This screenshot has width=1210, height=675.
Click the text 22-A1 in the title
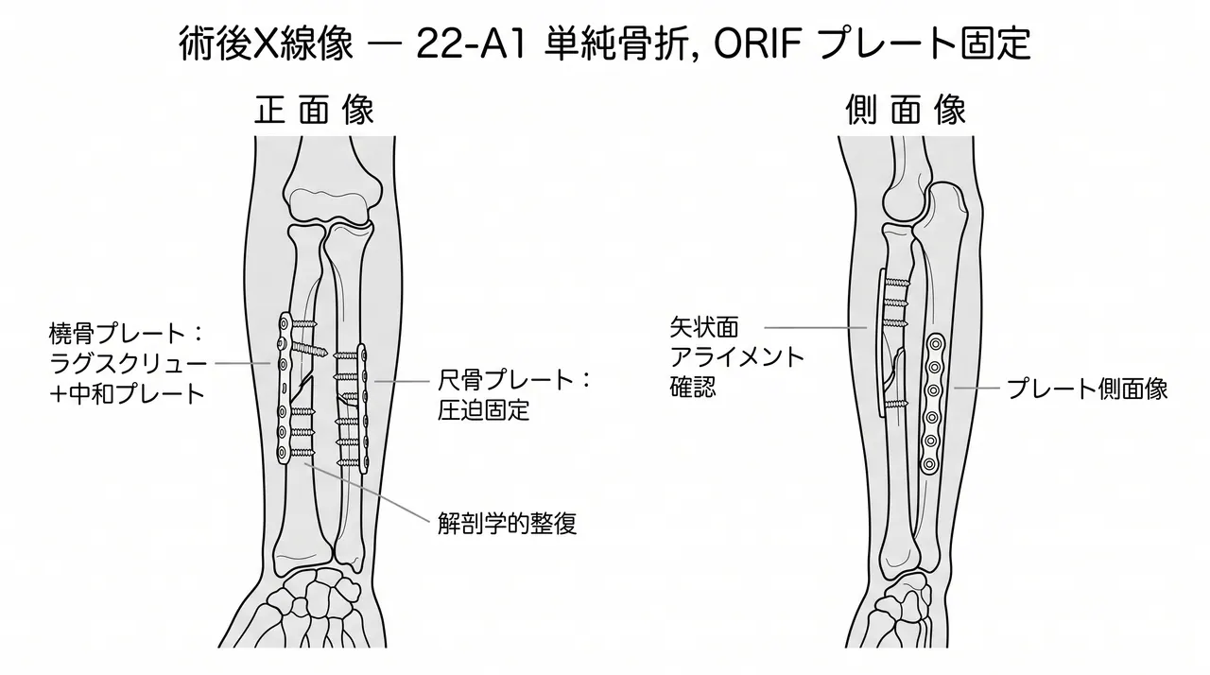pos(471,43)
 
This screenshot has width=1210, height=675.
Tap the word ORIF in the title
pos(757,43)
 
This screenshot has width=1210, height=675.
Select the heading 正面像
pos(314,111)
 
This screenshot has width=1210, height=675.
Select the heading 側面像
pos(906,111)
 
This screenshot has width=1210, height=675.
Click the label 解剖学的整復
pos(508,523)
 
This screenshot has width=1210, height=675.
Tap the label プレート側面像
pos(1087,389)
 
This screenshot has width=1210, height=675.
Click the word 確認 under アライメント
pos(693,387)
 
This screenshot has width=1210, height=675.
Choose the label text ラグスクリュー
pos(128,364)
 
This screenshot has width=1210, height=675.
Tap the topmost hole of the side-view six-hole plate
pos(935,342)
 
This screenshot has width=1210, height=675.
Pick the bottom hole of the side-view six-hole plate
pos(929,464)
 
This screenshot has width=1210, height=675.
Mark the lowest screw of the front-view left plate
pos(302,453)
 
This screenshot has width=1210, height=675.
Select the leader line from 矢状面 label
pos(815,327)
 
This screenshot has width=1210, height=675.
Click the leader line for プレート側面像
pos(977,388)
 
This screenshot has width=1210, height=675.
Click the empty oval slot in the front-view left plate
pos(283,389)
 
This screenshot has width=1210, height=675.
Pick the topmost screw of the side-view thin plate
pos(897,282)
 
